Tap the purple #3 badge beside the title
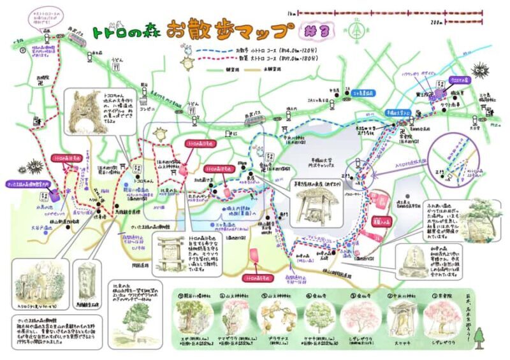click(x=310, y=31)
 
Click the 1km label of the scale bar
click(x=291, y=12)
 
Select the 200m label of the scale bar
click(x=436, y=22)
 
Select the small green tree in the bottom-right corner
click(x=479, y=335)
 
